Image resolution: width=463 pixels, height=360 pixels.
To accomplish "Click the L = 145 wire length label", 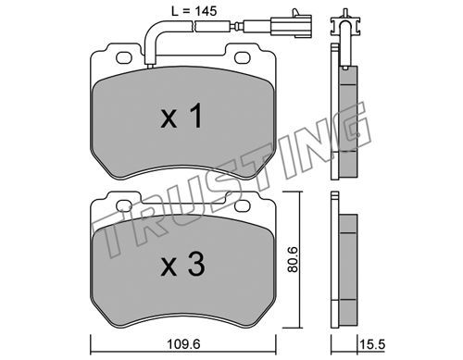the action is click(x=194, y=11).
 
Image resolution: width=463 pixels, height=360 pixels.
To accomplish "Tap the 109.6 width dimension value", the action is click(x=183, y=343).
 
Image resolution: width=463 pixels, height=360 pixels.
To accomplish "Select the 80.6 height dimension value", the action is click(x=293, y=258).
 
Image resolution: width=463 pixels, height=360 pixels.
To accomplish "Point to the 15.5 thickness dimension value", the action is click(x=372, y=344).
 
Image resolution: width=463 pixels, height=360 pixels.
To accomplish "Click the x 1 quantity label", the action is click(x=181, y=116).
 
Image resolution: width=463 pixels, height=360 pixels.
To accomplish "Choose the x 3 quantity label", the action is click(x=182, y=264).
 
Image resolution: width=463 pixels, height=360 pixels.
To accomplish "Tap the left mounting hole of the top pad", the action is click(x=123, y=57).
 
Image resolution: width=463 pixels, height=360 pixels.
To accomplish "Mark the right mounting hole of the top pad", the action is click(x=242, y=57).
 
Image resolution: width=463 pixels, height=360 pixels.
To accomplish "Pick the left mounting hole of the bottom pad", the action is click(x=123, y=205).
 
